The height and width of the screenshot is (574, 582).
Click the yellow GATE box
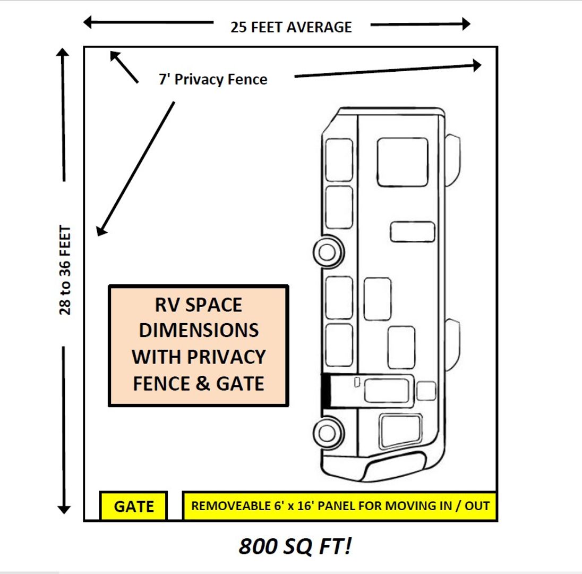pyautogui.click(x=134, y=506)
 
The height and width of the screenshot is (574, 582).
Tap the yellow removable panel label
pyautogui.click(x=340, y=505)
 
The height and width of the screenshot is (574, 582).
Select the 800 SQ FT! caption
pyautogui.click(x=295, y=546)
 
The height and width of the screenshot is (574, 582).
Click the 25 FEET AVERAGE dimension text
pyautogui.click(x=291, y=27)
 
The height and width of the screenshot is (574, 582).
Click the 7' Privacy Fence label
pyautogui.click(x=213, y=80)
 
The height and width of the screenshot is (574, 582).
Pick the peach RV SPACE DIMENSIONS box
pyautogui.click(x=199, y=345)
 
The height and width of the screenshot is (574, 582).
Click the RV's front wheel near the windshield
pyautogui.click(x=327, y=429)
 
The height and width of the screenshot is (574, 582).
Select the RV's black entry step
pyautogui.click(x=326, y=391)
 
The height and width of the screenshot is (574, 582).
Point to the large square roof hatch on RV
pyautogui.click(x=402, y=162)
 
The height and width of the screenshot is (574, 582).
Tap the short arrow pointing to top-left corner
pyautogui.click(x=123, y=66)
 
